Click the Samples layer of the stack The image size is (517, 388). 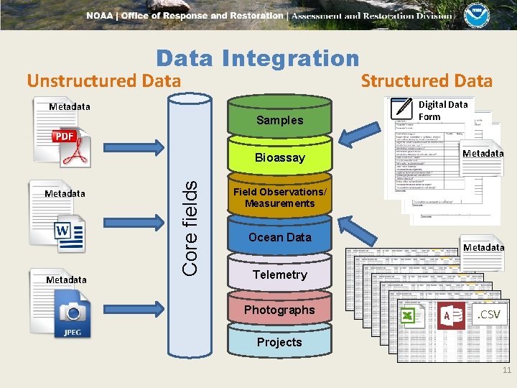click(279, 120)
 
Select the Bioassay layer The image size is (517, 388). click(279, 157)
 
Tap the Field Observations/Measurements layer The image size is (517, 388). click(279, 198)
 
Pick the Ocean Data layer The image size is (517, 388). click(279, 237)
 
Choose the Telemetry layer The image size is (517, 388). click(279, 274)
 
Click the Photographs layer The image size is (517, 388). click(279, 310)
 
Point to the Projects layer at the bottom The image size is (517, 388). click(279, 342)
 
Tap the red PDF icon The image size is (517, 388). click(69, 147)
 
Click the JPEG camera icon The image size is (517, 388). click(73, 316)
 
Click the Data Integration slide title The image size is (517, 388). click(257, 58)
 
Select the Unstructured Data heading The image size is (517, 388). click(104, 80)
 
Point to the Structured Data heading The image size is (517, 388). click(427, 80)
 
